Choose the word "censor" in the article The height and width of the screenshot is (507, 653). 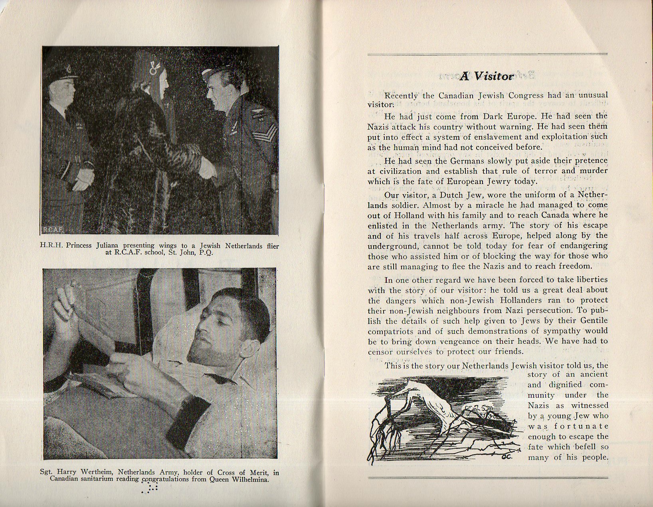point(380,352)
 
